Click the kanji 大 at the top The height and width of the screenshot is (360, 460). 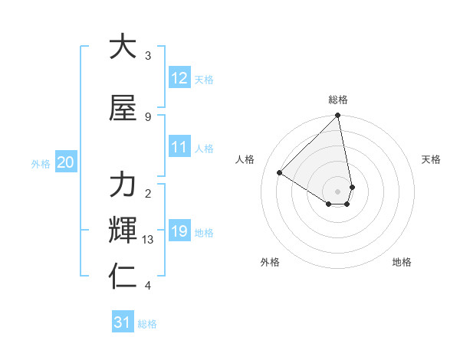coord(123,47)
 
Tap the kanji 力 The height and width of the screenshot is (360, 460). coord(123,185)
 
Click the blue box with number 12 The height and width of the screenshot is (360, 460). coord(179,78)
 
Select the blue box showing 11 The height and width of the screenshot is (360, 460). coord(179,148)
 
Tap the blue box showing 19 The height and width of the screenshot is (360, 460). coord(179,231)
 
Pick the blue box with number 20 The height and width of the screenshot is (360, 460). coord(66,162)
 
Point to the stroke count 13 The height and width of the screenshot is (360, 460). coord(148,240)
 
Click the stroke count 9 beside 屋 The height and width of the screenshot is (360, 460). coord(147,116)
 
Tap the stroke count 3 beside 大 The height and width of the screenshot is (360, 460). coord(147,56)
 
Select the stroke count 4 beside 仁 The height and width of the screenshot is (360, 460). coord(147,286)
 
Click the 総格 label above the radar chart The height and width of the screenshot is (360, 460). coord(338,100)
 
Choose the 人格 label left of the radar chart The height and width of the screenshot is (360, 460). coord(245,159)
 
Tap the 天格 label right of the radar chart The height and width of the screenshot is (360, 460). coord(431,159)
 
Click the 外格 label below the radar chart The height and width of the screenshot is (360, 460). coord(270,262)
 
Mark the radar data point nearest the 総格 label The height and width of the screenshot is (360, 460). coord(338,116)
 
